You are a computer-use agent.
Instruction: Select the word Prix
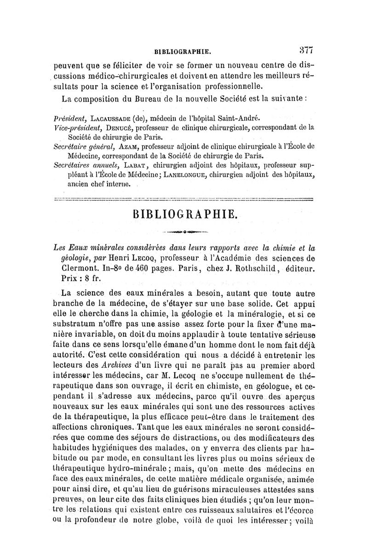point(69,279)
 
